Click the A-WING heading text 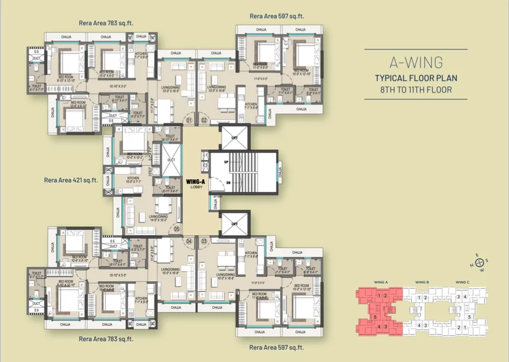416,62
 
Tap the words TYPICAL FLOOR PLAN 416,78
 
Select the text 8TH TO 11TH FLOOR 416,89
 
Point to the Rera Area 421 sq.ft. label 71,179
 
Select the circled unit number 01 190,120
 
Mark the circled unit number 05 176,230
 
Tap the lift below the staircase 233,224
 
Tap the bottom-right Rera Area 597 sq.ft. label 276,347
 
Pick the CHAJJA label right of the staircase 281,173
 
